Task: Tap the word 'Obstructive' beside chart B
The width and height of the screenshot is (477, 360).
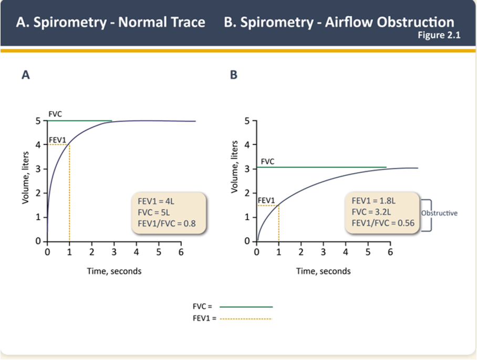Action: (439, 214)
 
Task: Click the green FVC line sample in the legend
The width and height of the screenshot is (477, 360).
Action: (246, 306)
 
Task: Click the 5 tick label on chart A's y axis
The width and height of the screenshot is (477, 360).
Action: (38, 121)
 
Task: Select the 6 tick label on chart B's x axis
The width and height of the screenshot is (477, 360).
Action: (390, 252)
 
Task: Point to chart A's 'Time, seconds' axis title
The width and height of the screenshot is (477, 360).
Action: (114, 271)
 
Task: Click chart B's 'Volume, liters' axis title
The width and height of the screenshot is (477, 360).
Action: (235, 166)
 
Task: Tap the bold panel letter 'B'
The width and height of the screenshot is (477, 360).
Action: (234, 75)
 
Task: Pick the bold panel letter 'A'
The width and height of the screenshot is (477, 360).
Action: (25, 75)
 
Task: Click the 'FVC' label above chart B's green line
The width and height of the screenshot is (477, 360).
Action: (267, 162)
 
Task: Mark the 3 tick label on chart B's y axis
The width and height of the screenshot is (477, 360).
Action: (247, 168)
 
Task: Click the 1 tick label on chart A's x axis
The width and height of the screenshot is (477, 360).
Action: (69, 252)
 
